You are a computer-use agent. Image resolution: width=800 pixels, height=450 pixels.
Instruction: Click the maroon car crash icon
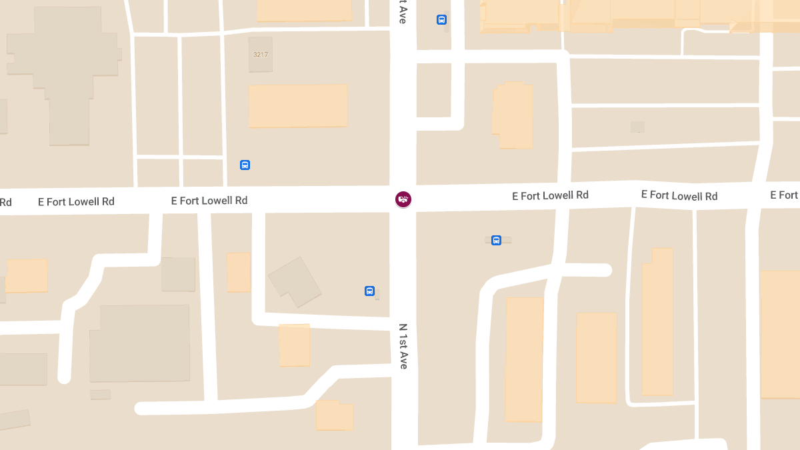pyautogui.click(x=403, y=199)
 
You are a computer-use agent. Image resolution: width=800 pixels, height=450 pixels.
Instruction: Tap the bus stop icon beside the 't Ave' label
pyautogui.click(x=441, y=20)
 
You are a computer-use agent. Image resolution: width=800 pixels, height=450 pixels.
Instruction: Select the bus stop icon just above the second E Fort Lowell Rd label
pyautogui.click(x=245, y=165)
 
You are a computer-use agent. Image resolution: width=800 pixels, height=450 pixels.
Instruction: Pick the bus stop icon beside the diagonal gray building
pyautogui.click(x=369, y=291)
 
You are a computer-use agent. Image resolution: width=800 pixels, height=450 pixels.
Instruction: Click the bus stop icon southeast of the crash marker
pyautogui.click(x=496, y=240)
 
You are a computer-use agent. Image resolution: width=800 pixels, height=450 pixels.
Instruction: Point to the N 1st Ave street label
pyautogui.click(x=403, y=346)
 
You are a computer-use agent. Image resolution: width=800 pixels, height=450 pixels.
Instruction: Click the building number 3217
pyautogui.click(x=261, y=55)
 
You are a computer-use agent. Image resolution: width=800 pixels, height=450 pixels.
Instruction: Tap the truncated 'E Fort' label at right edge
pyautogui.click(x=784, y=195)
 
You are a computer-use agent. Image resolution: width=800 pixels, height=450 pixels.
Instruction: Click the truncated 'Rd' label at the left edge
pyautogui.click(x=6, y=202)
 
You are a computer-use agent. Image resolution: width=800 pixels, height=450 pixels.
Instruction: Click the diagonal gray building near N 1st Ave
pyautogui.click(x=294, y=282)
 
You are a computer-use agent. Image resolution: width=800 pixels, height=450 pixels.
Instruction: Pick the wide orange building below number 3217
pyautogui.click(x=298, y=105)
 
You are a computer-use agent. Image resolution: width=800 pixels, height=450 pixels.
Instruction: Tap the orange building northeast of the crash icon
pyautogui.click(x=513, y=115)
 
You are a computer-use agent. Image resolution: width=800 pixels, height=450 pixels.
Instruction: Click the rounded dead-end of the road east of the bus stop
pyautogui.click(x=605, y=270)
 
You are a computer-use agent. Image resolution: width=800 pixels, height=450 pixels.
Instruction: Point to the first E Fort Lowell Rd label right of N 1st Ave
pyautogui.click(x=550, y=195)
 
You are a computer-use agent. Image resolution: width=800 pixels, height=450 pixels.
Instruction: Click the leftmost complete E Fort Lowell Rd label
pyautogui.click(x=76, y=202)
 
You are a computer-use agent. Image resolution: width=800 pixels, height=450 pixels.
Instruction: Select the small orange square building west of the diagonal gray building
pyautogui.click(x=239, y=272)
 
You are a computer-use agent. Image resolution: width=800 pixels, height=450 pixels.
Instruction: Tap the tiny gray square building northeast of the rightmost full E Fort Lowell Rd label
pyautogui.click(x=637, y=127)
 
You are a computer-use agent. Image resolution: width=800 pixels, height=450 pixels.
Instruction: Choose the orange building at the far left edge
pyautogui.click(x=27, y=276)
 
